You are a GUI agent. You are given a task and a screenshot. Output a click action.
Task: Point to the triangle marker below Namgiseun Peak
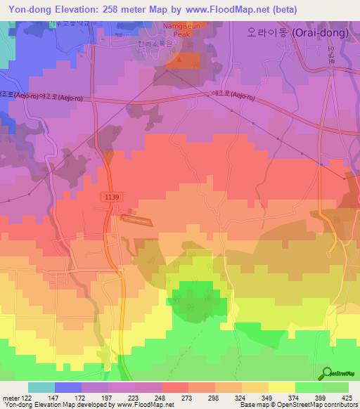(179, 59)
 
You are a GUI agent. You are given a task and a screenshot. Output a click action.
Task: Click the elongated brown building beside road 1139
(136, 221)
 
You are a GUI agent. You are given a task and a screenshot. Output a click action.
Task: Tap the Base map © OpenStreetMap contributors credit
(297, 405)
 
